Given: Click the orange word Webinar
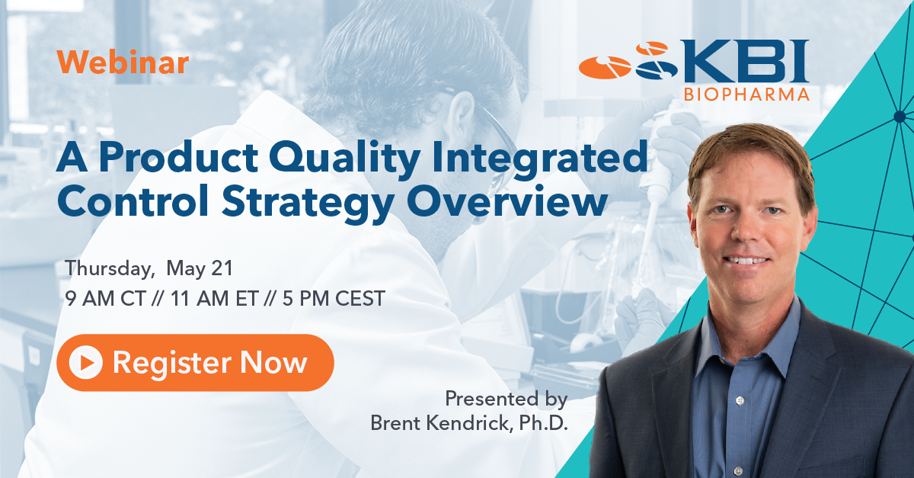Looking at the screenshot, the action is (x=123, y=62).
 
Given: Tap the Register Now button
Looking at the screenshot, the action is (x=195, y=362).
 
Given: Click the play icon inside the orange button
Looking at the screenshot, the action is (x=85, y=362).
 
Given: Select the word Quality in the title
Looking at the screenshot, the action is (x=345, y=158).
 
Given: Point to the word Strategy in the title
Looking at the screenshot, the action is (x=308, y=203).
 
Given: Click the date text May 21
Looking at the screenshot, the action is (x=200, y=269).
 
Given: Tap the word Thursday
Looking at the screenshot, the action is (x=110, y=269).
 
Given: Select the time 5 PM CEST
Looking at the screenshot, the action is (x=334, y=298).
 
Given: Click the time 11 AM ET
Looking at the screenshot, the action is (x=215, y=298).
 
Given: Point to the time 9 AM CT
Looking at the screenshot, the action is (x=105, y=298).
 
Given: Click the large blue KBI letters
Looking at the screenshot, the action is (x=743, y=61).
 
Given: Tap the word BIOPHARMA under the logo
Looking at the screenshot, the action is (x=746, y=95).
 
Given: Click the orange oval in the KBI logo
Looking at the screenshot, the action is (x=605, y=67).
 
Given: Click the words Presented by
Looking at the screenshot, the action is (x=507, y=399).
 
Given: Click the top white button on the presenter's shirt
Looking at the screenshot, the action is (x=740, y=401).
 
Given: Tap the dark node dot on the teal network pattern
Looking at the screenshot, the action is (x=900, y=117).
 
